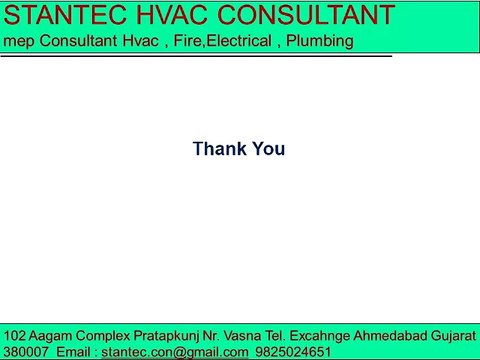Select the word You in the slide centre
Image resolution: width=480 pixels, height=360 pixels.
click(x=268, y=149)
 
